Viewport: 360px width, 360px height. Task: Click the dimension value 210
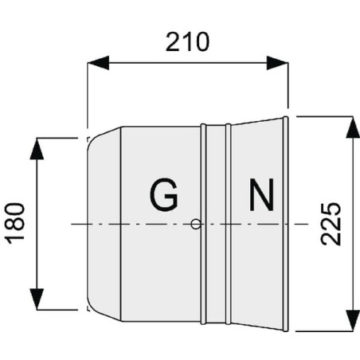coord(187,42)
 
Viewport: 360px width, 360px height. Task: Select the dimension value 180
coord(15,223)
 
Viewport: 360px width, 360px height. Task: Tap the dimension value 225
coord(331,224)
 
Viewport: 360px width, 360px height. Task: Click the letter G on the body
coord(163,194)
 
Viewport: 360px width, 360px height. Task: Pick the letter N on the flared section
coord(261,194)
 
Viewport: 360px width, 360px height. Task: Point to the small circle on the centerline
coord(196,224)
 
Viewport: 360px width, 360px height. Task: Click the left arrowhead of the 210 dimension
coord(98,63)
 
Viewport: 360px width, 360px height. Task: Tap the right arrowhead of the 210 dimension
coord(277,63)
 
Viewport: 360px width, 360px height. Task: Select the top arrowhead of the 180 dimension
coord(37,149)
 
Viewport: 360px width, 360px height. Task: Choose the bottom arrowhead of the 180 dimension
coord(37,299)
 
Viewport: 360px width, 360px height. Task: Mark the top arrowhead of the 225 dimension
coord(353,127)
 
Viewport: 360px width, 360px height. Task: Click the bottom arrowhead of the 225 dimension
coord(353,320)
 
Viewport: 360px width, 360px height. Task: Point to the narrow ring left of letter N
coord(228,224)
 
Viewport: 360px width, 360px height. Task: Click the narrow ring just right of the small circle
coord(203,224)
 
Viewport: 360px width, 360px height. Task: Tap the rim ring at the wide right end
coord(285,224)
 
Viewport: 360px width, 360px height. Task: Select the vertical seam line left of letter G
coord(121,224)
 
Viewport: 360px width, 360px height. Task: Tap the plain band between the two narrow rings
coord(216,224)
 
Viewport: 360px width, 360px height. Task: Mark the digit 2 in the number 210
coord(173,42)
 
